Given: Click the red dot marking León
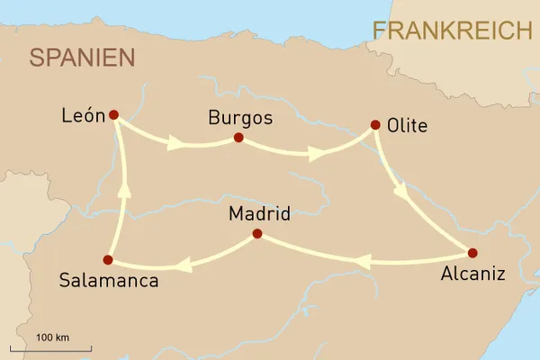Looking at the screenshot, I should pos(113,115).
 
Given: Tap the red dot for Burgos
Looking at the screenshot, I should pos(238,138).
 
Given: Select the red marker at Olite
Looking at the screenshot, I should pos(373,126).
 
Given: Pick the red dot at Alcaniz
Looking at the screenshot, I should pos(472,253).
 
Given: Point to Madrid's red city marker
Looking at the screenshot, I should pos(256,234).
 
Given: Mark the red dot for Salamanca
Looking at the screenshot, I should pos(108,260).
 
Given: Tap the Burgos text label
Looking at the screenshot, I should pos(239,118).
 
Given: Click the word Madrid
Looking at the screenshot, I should pos(259,214).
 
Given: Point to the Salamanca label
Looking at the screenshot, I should pos(108,281).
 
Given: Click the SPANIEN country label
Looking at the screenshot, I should pos(82,58).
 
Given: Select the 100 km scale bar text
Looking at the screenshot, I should pos(53,337).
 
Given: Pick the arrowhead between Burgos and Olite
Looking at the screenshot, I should pos(315,153).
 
